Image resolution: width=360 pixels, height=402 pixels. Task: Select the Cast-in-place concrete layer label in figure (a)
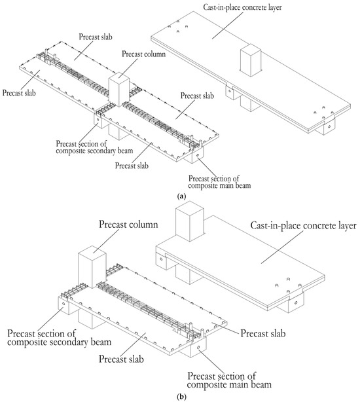coord(242,7)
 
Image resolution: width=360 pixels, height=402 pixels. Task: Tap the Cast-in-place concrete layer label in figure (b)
coord(303,226)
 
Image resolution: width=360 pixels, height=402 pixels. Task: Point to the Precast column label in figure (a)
coord(143,54)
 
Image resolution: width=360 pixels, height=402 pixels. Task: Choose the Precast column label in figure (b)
coord(128,225)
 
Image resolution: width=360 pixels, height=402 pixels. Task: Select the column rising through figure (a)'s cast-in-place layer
coord(250,60)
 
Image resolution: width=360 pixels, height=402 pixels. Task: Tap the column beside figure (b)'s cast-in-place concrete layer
coord(190,221)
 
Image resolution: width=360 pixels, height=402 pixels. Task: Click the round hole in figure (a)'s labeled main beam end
coord(197,155)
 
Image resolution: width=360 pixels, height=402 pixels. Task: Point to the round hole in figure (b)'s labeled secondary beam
coord(63,304)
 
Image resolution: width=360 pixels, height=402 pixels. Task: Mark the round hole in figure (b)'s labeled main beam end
coord(198,347)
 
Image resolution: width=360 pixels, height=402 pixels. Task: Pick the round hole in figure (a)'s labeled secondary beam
coord(98,119)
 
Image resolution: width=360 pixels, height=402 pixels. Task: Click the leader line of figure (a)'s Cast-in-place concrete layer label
coord(227,26)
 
